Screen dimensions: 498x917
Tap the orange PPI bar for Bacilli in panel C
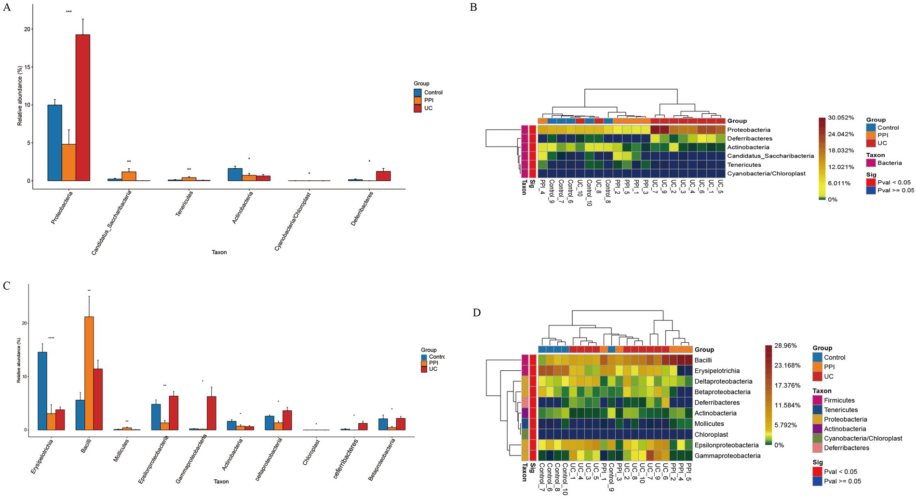(x=89, y=373)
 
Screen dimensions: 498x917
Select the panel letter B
(x=473, y=7)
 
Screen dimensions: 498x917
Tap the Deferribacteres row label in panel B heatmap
(x=750, y=138)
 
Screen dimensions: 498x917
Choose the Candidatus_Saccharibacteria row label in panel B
(x=770, y=156)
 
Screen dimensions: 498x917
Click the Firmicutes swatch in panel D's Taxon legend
(x=817, y=400)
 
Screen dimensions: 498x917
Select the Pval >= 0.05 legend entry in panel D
(x=842, y=481)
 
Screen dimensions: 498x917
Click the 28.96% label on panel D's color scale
(x=785, y=346)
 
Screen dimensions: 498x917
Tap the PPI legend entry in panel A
(x=428, y=100)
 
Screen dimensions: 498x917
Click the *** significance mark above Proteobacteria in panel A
(x=68, y=12)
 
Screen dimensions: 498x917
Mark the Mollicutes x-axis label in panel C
(x=121, y=451)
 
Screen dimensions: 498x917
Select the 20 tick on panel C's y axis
(x=24, y=323)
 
